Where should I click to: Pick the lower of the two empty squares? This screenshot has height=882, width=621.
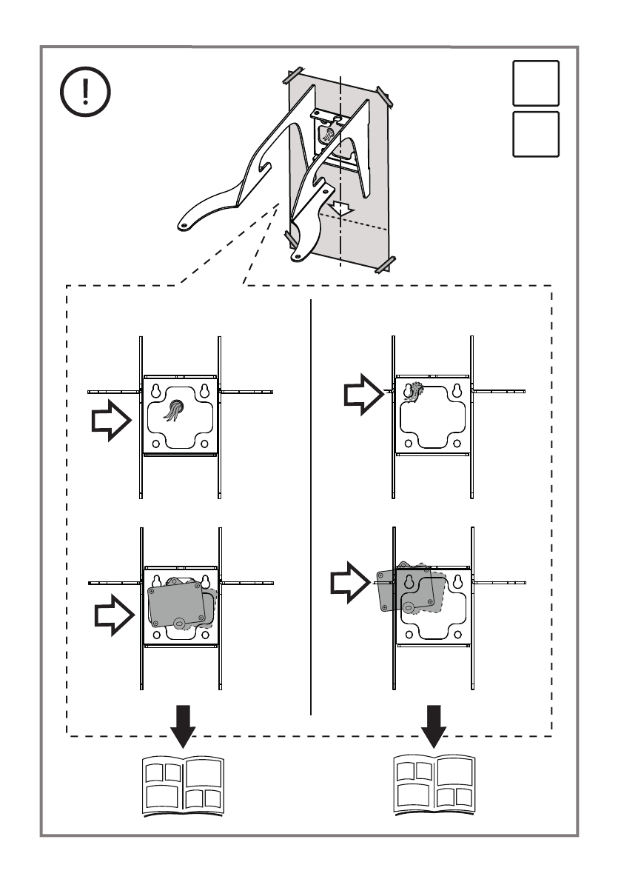click(x=535, y=134)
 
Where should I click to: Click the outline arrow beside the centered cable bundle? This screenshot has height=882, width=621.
click(x=110, y=421)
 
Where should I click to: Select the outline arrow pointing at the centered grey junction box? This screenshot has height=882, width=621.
click(x=115, y=615)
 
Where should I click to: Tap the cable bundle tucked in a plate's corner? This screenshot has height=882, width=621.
click(x=412, y=391)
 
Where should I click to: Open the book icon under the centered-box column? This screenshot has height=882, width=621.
click(x=182, y=785)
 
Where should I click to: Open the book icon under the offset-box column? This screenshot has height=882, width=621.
click(x=434, y=785)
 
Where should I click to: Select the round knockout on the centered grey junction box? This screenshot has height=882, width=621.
click(x=179, y=622)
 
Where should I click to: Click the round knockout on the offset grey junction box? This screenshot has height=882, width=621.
click(x=409, y=606)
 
